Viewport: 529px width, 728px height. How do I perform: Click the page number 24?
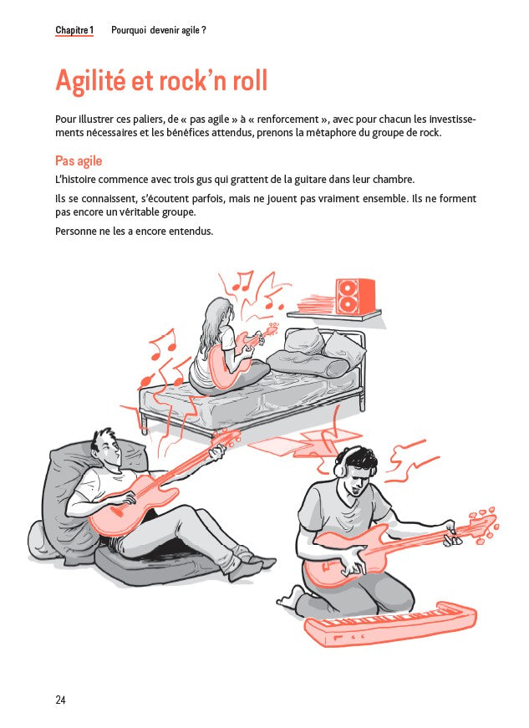60,700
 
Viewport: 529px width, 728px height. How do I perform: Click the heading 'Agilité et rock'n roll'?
161,81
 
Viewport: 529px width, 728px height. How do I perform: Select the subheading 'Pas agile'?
79,160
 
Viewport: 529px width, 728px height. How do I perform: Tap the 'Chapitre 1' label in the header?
74,30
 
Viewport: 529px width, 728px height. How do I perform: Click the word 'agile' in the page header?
187,30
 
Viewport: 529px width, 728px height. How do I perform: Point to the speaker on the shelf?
355,295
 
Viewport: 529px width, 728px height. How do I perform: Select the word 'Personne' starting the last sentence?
74,231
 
